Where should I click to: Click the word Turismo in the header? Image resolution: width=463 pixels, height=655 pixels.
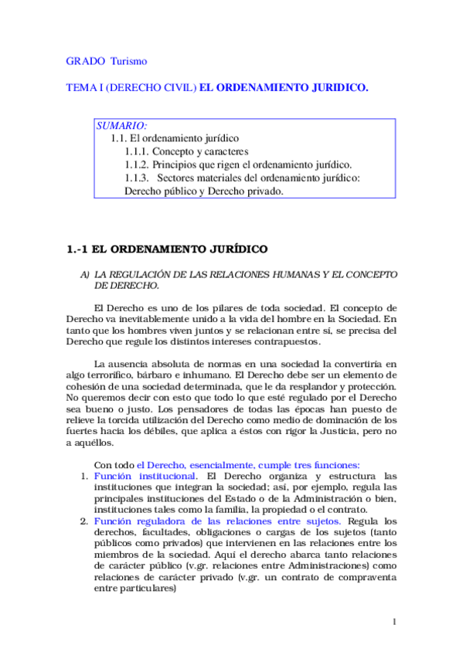[128, 60]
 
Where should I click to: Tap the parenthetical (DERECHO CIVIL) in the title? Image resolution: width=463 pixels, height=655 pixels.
[151, 88]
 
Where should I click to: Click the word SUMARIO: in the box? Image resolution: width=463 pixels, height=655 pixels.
[122, 125]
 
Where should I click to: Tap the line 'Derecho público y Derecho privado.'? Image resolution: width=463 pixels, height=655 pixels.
[203, 192]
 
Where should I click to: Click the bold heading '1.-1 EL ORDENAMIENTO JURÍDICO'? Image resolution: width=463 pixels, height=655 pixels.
[166, 249]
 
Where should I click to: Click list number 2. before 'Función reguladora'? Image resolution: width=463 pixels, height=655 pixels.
[86, 521]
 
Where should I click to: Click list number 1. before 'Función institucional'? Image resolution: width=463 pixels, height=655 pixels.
[86, 477]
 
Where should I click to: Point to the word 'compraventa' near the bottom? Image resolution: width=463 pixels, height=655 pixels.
[364, 577]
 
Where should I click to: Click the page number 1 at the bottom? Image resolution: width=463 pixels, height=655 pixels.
[394, 623]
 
